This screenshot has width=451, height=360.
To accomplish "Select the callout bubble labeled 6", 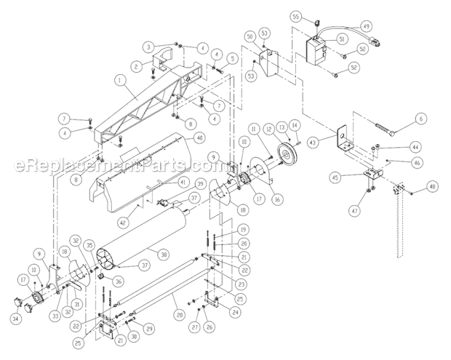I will pos(420,119).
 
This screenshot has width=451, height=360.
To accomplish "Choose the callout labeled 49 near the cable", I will pos(365,25).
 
